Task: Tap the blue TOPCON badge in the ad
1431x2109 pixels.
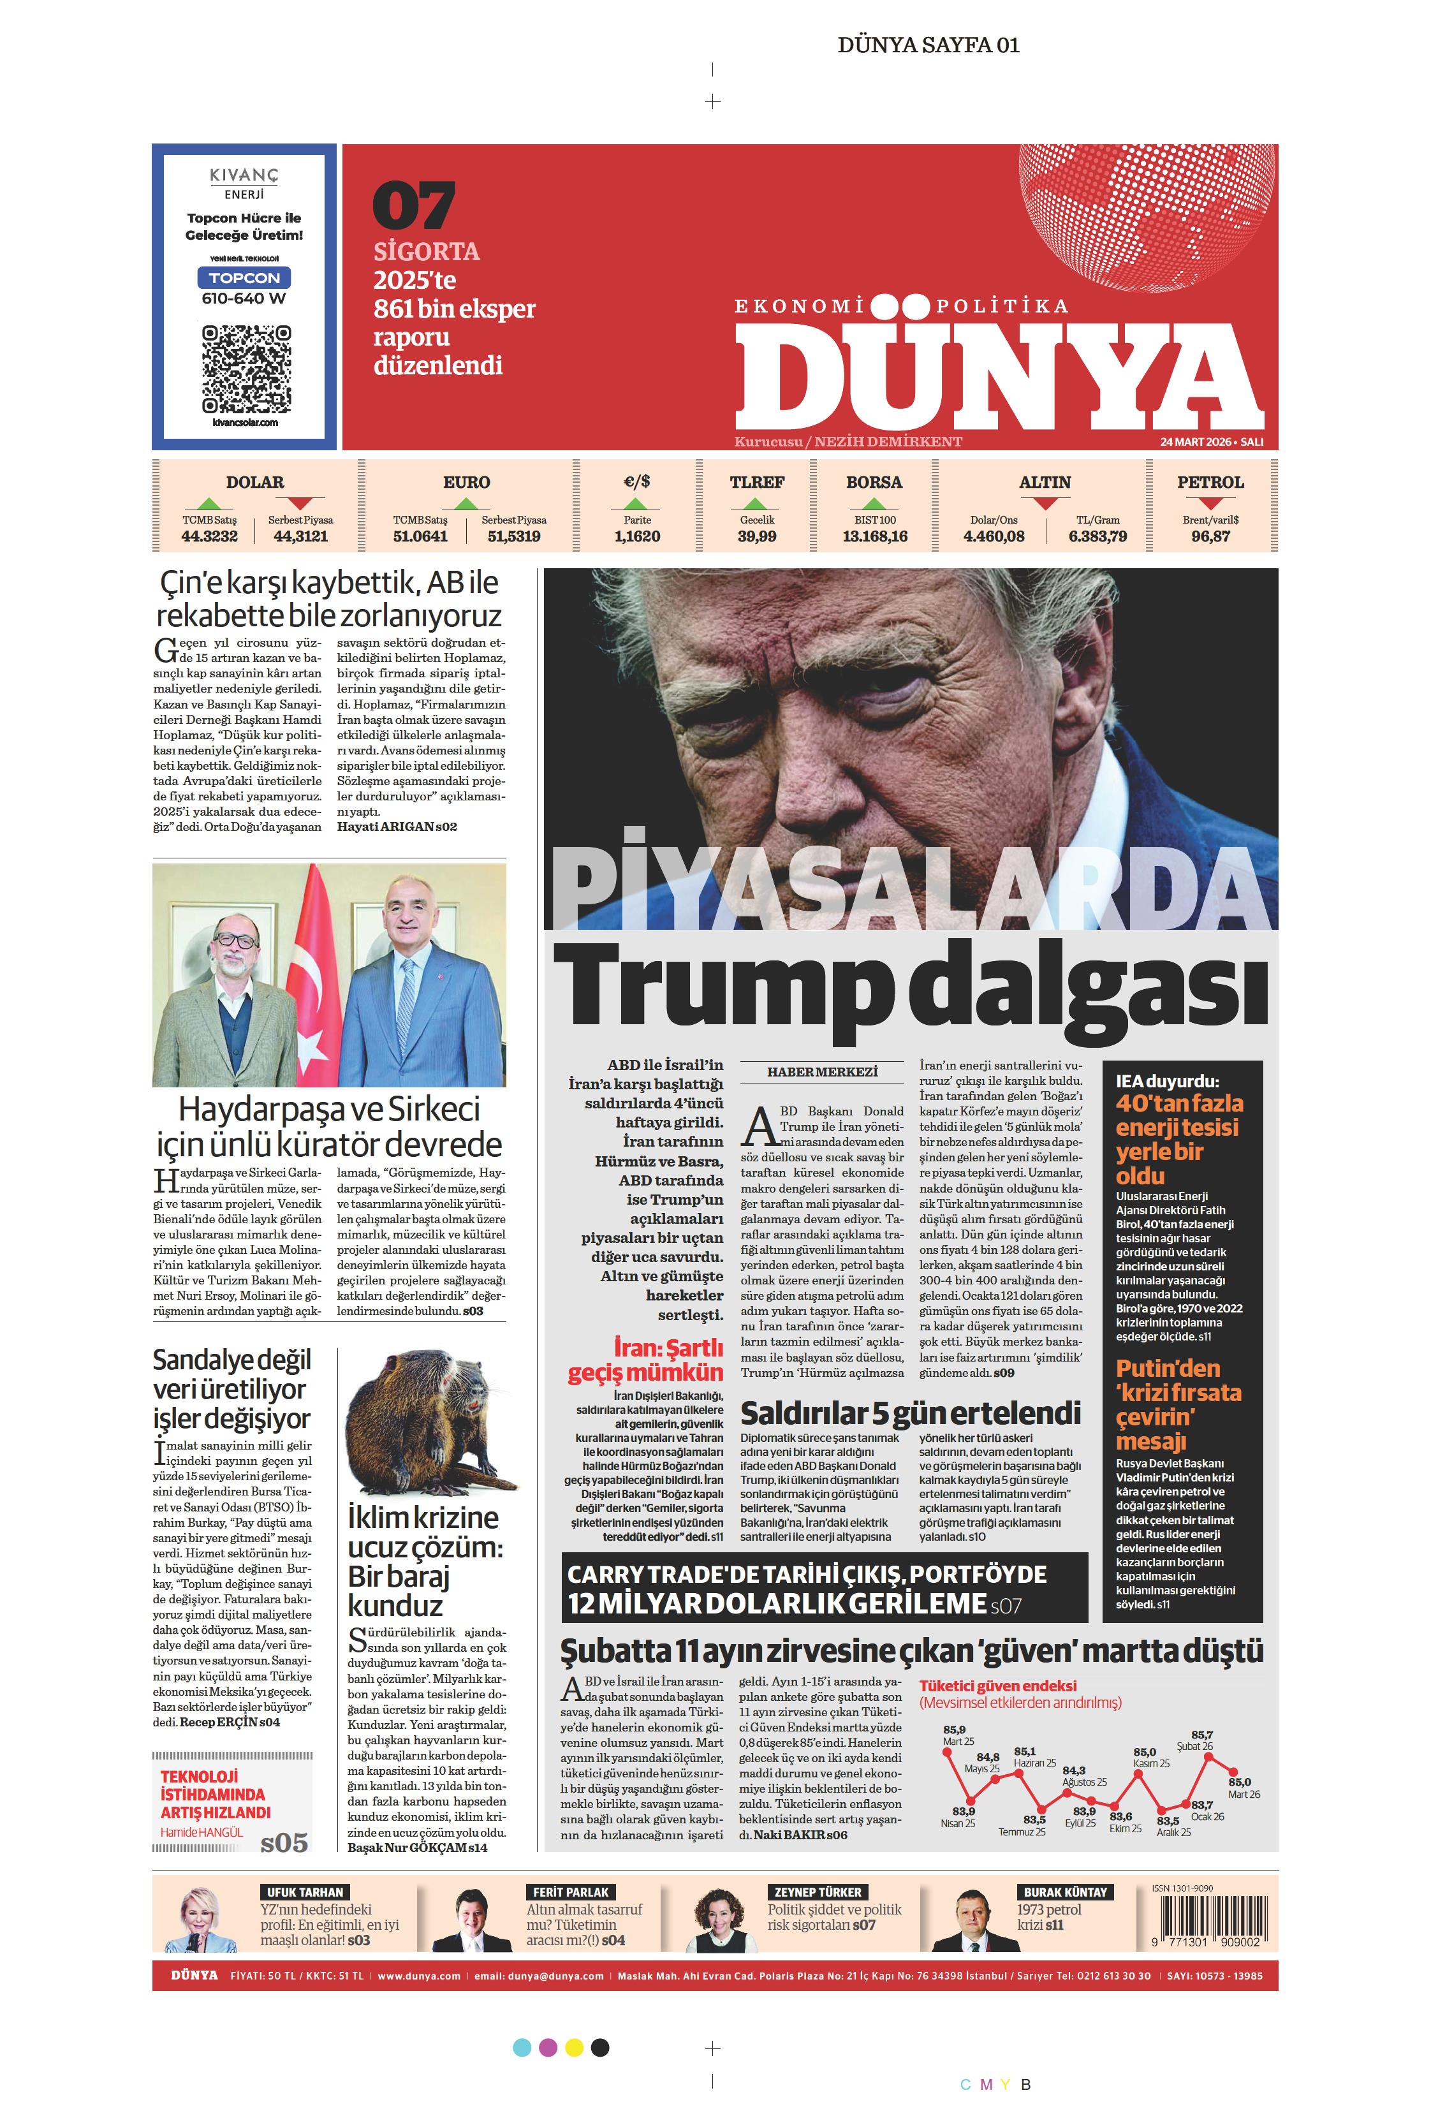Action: coord(244,277)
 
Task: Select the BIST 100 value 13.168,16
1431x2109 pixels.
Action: coord(874,536)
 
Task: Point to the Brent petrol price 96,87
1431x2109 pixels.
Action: coord(1210,536)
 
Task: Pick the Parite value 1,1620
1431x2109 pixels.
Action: coord(637,536)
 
